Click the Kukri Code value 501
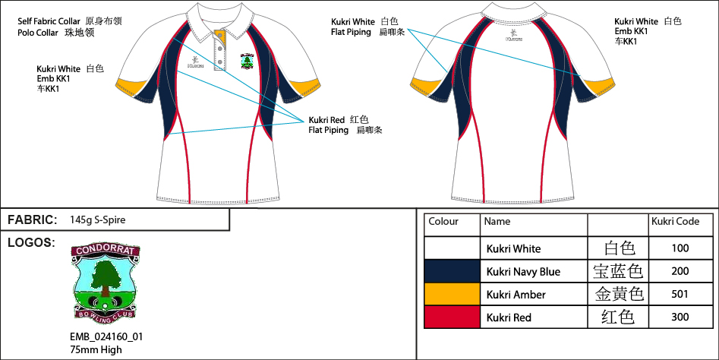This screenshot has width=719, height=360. [680, 295]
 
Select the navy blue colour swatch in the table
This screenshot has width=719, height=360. [452, 271]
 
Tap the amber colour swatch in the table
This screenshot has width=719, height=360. [452, 295]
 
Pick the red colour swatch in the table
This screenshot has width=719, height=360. [452, 317]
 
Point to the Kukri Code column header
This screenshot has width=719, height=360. [675, 222]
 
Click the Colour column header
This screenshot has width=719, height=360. [443, 222]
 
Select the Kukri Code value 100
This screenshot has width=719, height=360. [680, 248]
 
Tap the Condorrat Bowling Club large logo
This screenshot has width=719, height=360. [104, 282]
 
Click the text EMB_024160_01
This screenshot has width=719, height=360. [106, 336]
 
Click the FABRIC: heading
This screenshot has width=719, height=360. [33, 220]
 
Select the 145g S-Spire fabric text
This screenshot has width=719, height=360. [97, 220]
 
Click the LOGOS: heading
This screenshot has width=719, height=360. [31, 243]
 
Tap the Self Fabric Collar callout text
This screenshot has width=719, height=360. [50, 21]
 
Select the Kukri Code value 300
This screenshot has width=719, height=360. [680, 317]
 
